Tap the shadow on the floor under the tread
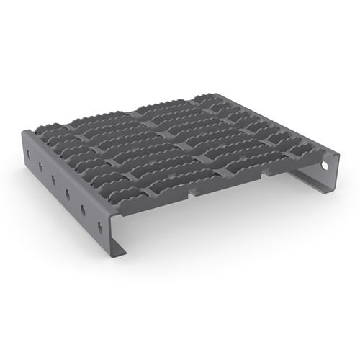pos(216,238)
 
